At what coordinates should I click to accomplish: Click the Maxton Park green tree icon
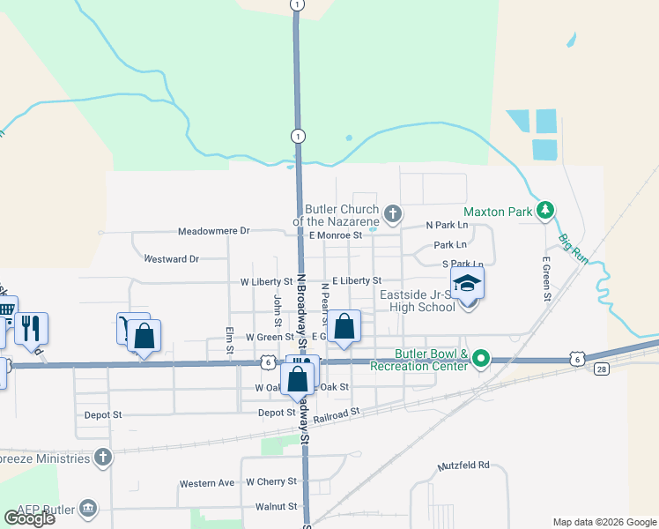click(x=546, y=210)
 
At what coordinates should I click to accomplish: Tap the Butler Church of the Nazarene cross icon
click(x=392, y=212)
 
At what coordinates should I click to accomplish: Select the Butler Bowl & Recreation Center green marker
click(x=480, y=359)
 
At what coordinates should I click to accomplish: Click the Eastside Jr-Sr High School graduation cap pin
click(x=468, y=285)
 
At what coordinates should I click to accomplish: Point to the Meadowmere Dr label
click(x=214, y=231)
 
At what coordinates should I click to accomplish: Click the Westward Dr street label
click(x=171, y=259)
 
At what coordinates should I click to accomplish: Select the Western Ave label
click(x=207, y=483)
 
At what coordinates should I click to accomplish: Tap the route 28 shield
click(x=602, y=368)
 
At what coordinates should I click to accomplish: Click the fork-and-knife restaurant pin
click(x=31, y=328)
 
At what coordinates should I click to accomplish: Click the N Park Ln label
click(x=448, y=226)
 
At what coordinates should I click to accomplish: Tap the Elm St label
click(x=229, y=340)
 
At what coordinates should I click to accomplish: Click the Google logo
click(x=29, y=518)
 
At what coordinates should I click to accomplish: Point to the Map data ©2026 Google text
click(x=603, y=522)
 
